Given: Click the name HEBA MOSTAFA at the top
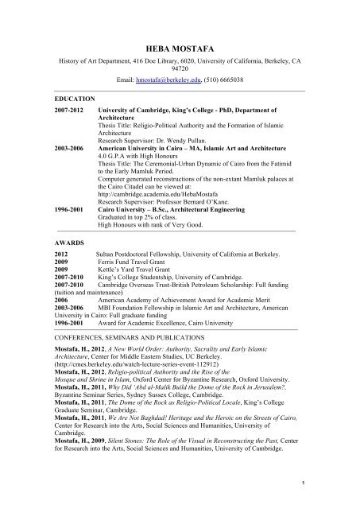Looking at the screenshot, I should pos(180,26).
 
